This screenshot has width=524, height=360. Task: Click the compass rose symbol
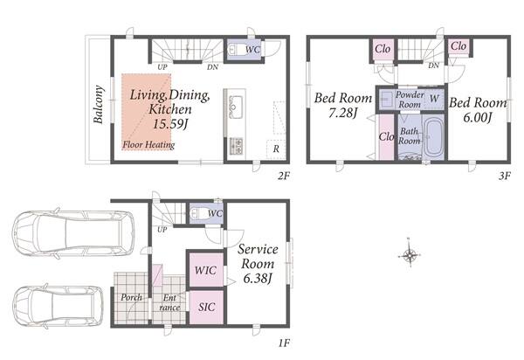click(x=410, y=256)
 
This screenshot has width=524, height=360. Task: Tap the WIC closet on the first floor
click(x=205, y=270)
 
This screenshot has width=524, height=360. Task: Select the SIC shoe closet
click(x=206, y=308)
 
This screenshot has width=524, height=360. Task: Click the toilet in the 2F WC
click(x=233, y=51)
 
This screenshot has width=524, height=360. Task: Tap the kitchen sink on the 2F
click(x=237, y=104)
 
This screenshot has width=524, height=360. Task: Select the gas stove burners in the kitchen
click(x=237, y=146)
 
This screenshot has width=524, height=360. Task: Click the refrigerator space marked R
click(x=276, y=149)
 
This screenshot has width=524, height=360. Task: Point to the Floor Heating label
click(x=148, y=145)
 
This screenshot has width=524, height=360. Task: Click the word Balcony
click(x=99, y=105)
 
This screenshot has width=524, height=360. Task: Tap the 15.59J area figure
click(x=169, y=124)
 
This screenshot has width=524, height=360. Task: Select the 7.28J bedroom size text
click(x=343, y=113)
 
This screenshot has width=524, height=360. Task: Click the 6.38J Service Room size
click(x=258, y=278)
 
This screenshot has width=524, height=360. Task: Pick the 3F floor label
click(x=505, y=176)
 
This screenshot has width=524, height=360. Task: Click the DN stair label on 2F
click(x=212, y=67)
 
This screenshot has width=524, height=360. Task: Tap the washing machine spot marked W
click(x=434, y=98)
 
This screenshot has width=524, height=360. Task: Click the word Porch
click(x=131, y=297)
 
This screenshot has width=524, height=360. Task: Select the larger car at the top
click(x=73, y=233)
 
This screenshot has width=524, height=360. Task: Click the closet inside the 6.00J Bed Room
click(x=458, y=46)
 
